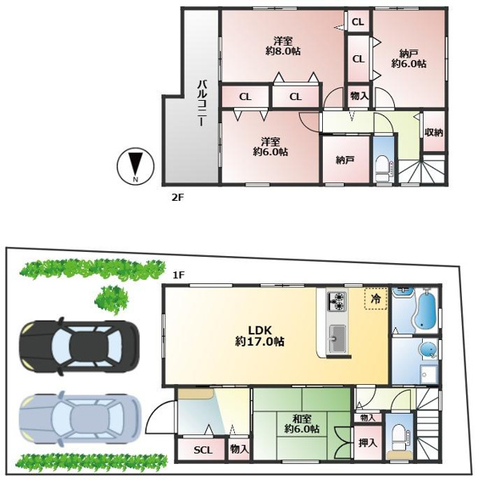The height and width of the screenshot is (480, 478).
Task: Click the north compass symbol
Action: click(135, 166)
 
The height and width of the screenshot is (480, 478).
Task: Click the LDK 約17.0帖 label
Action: click(260, 336)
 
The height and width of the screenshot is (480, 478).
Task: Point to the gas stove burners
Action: click(337, 302)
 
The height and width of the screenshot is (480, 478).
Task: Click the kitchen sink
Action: click(337, 339)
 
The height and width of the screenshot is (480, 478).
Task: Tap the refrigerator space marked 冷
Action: click(376, 298)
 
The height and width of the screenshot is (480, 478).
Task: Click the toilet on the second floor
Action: click(384, 169)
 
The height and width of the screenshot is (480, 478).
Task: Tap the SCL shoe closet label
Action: click(203, 450)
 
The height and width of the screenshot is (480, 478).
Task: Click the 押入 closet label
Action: click(368, 442)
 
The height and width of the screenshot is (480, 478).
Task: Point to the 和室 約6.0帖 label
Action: click(301, 424)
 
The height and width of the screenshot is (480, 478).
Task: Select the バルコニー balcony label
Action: click(203, 102)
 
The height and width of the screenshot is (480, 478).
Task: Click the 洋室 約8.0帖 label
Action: click(283, 46)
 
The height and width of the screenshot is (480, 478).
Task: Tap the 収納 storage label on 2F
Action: click(434, 132)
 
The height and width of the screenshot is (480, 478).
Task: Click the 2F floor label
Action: click(177, 198)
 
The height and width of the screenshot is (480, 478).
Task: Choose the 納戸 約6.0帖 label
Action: click(409, 58)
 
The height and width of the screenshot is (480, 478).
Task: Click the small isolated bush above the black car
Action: click(112, 299)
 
